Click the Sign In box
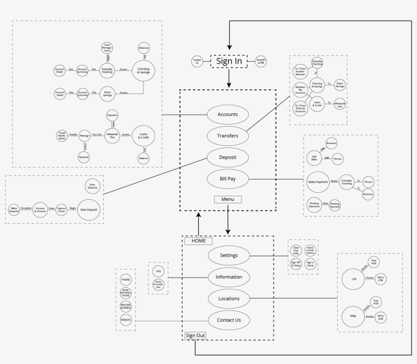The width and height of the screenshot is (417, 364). click(x=229, y=62)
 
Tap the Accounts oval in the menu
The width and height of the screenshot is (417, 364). click(x=227, y=115)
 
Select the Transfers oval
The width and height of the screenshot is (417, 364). click(x=227, y=136)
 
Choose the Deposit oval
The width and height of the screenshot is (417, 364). click(x=227, y=157)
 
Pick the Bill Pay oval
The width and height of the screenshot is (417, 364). click(x=227, y=178)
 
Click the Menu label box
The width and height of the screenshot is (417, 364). click(x=227, y=199)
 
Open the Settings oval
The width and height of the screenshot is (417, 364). click(x=229, y=255)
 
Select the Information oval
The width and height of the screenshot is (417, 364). click(x=229, y=277)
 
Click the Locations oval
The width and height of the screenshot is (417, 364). click(x=229, y=298)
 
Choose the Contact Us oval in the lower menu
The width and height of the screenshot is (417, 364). click(x=229, y=320)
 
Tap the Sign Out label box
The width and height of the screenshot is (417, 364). click(x=195, y=336)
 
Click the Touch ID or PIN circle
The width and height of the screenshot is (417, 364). click(x=261, y=62)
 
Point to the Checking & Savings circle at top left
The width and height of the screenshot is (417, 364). click(x=144, y=70)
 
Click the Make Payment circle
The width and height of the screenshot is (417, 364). click(x=318, y=181)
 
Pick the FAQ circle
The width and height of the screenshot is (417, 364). click(x=158, y=271)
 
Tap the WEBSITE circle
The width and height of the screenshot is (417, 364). click(x=126, y=320)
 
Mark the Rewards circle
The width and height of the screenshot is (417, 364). click(x=84, y=158)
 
